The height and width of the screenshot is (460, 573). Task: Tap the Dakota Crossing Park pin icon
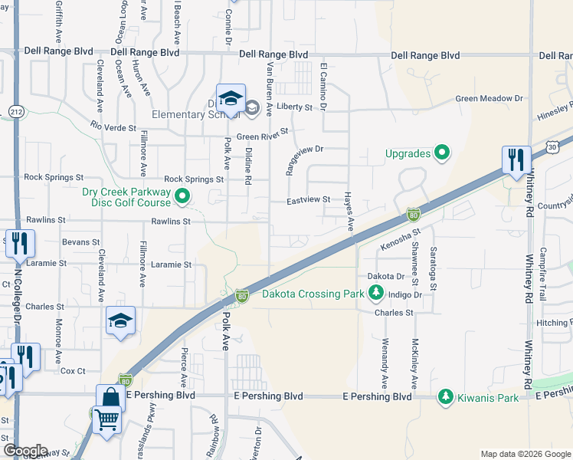coord(375,292)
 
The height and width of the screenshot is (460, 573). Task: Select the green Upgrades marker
coord(441,153)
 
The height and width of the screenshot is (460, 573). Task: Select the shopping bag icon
coord(110,398)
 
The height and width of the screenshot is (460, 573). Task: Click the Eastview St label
coord(308,199)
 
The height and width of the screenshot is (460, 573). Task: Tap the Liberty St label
coord(293,108)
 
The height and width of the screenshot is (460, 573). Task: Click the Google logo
coord(25,451)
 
